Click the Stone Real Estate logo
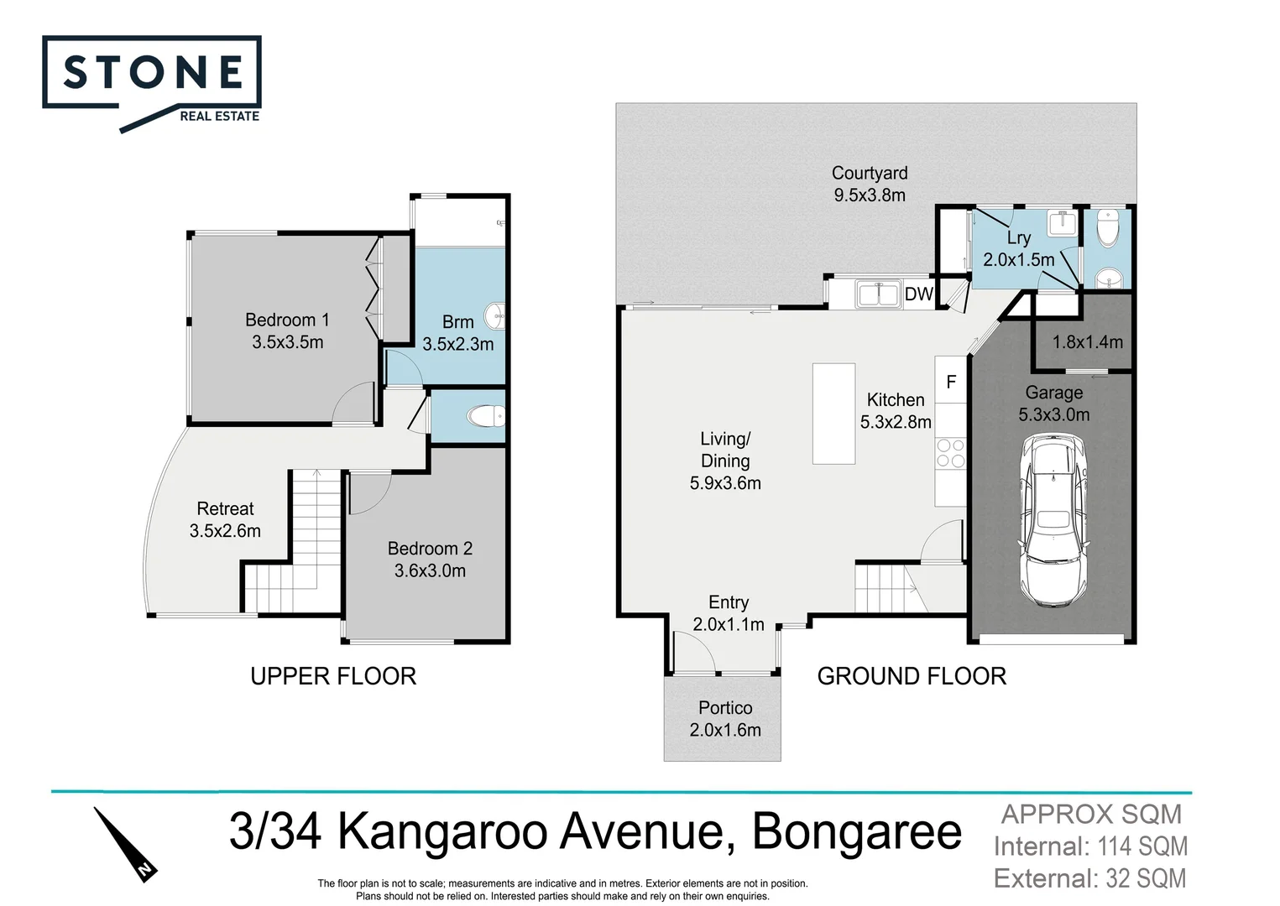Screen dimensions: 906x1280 pos(152,82)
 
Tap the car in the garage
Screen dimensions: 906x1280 pos(1054,520)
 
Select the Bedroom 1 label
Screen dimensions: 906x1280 pos(287,331)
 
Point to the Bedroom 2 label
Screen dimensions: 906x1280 pos(430,559)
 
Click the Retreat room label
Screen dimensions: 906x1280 pos(225,519)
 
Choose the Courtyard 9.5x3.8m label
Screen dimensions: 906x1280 pos(870,184)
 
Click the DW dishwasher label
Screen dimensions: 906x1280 pos(918,294)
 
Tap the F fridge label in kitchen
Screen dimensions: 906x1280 pos(951,383)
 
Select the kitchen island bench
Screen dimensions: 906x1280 pos(833,414)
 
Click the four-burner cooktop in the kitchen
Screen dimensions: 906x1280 pos(951,454)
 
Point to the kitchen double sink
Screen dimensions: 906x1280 pos(878,294)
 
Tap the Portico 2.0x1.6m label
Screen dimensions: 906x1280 pos(725,719)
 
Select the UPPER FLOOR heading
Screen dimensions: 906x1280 pos(333,676)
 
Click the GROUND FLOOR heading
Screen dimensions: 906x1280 pos(912,676)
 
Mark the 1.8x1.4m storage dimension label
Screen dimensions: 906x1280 pos(1087,342)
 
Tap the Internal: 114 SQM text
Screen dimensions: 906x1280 pos(1090,846)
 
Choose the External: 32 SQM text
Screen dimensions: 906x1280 pos(1089,878)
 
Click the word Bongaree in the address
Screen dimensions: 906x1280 pos(856,832)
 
